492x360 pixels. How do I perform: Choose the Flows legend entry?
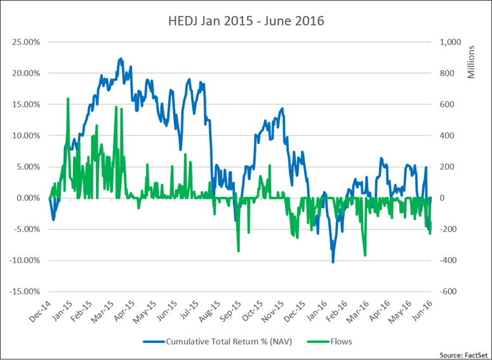341,341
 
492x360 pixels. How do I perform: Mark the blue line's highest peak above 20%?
121,58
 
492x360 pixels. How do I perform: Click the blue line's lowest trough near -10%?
333,262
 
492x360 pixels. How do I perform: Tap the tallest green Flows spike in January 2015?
67,99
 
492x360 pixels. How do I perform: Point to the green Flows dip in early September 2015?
238,251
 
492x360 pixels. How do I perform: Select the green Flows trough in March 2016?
365,255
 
